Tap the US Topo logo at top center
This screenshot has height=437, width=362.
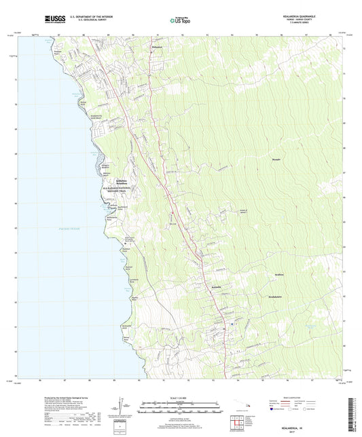(x=179, y=21)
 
